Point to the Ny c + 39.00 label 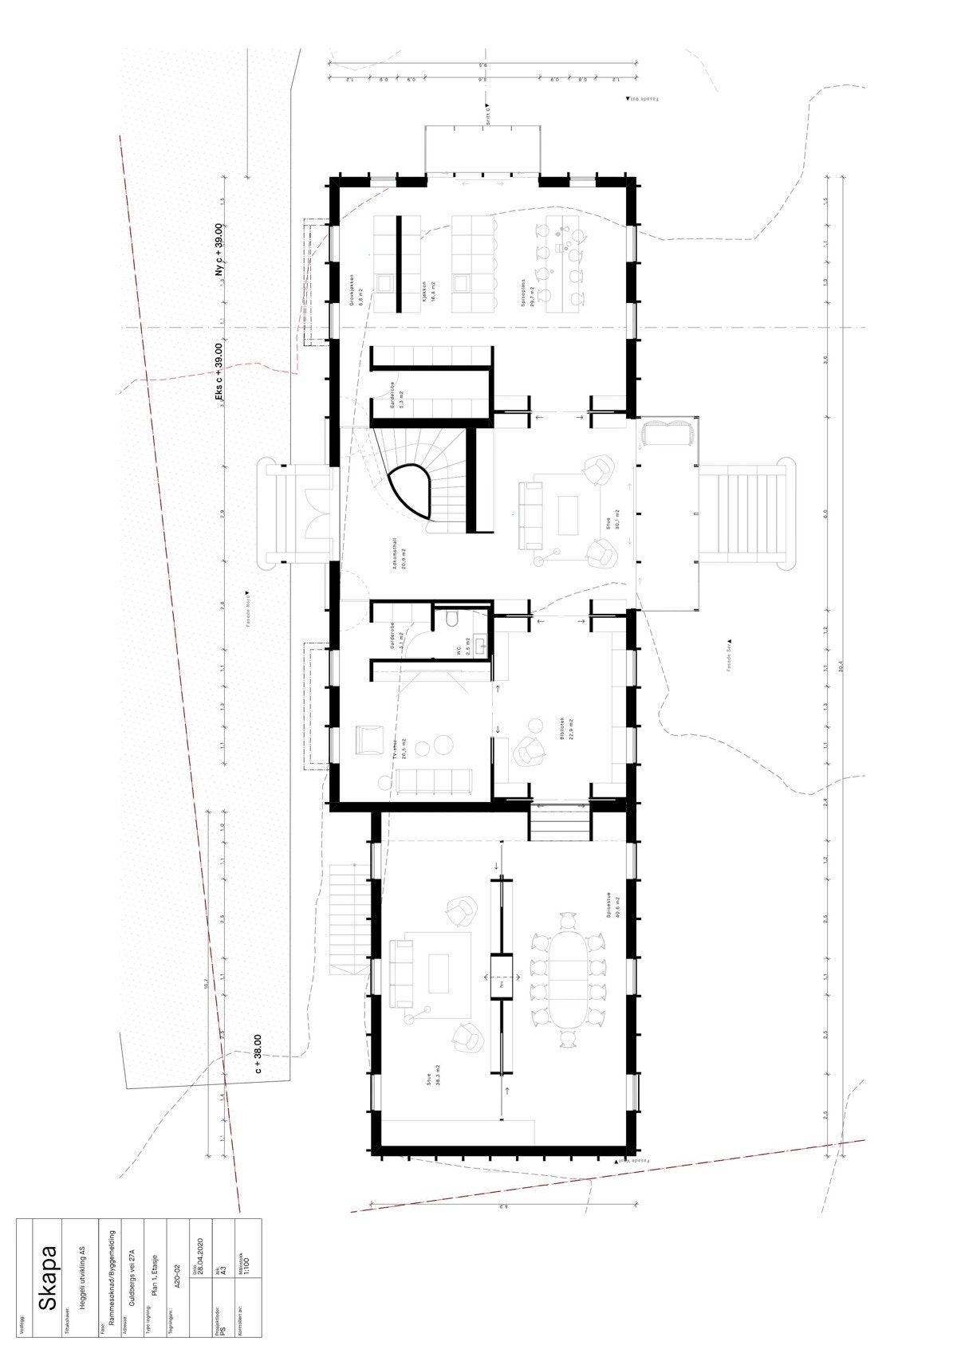(x=219, y=251)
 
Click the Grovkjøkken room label (x=356, y=291)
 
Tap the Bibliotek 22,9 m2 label (x=567, y=729)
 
